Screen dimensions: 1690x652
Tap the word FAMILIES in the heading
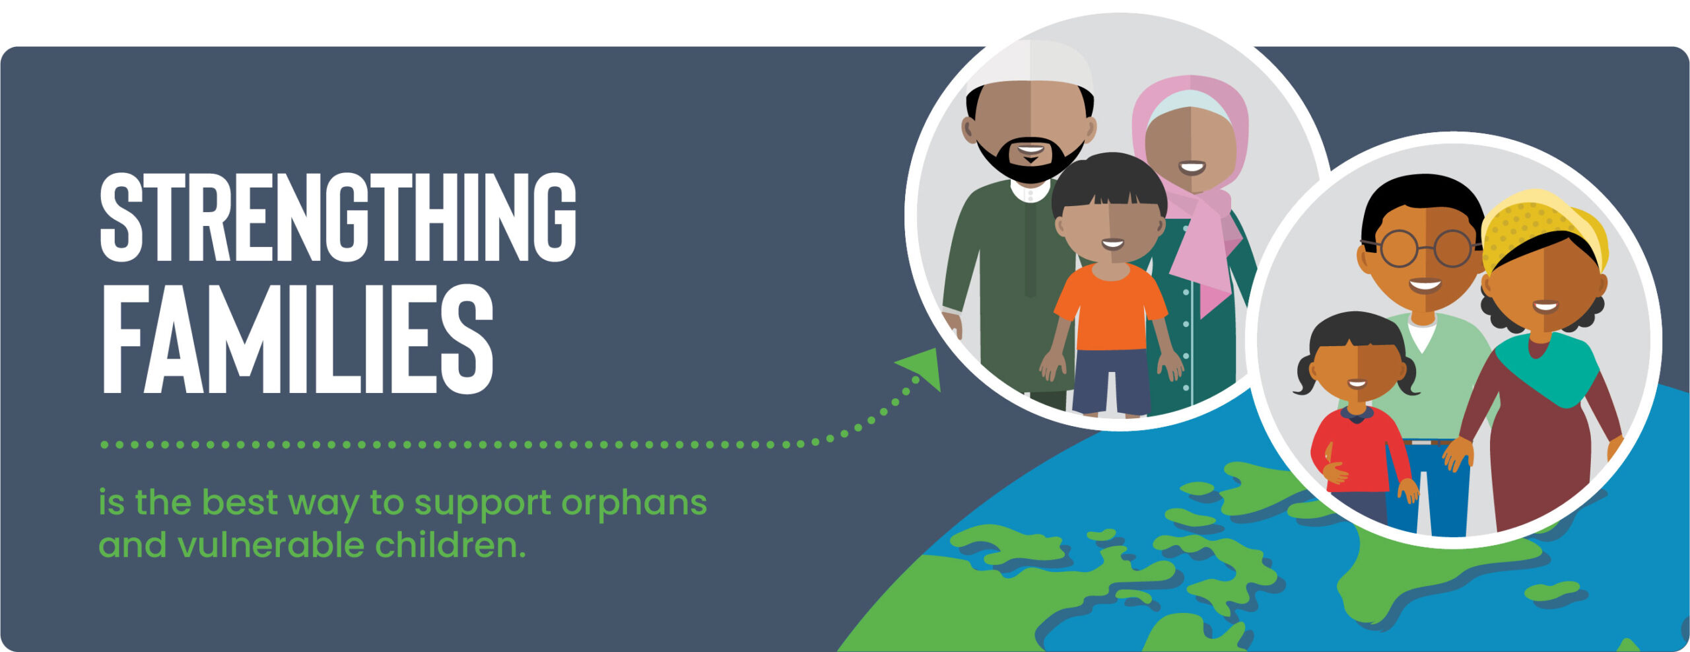click(x=297, y=339)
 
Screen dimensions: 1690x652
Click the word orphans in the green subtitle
click(x=634, y=504)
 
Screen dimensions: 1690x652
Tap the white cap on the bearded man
click(x=1030, y=66)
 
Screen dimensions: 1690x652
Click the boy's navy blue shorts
click(x=1112, y=381)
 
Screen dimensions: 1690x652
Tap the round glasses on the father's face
click(x=1426, y=248)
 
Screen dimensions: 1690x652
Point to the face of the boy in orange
click(x=1112, y=231)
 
